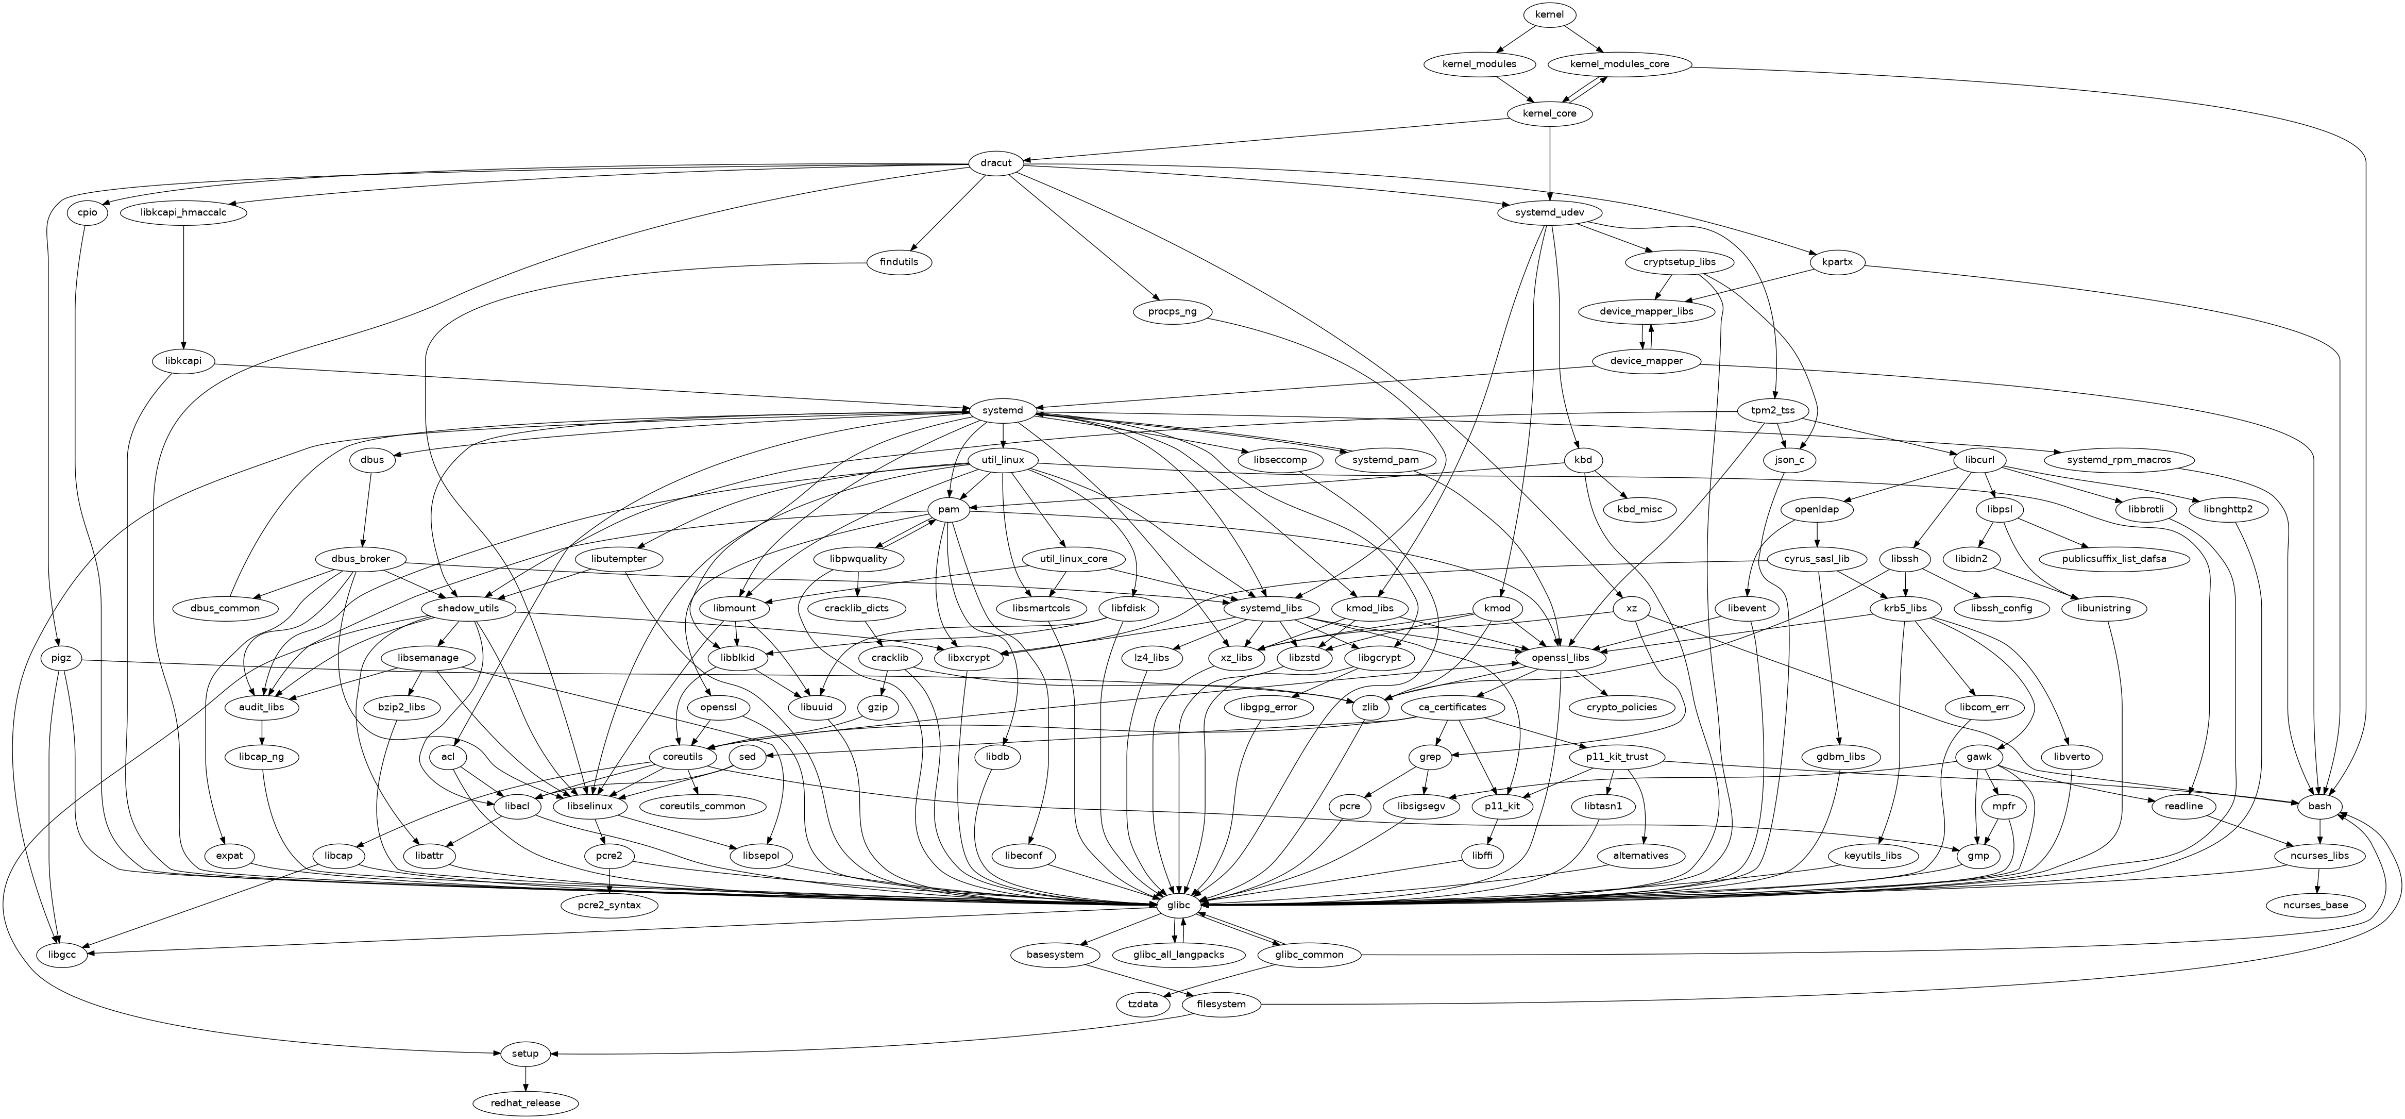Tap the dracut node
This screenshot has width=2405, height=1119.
click(996, 162)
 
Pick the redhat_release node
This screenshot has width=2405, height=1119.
click(526, 1103)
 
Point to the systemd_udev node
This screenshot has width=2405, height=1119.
click(1550, 213)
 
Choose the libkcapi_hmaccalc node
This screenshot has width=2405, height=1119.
click(184, 213)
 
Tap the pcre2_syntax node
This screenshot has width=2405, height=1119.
click(608, 905)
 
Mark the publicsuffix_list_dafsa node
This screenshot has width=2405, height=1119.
click(2113, 559)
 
